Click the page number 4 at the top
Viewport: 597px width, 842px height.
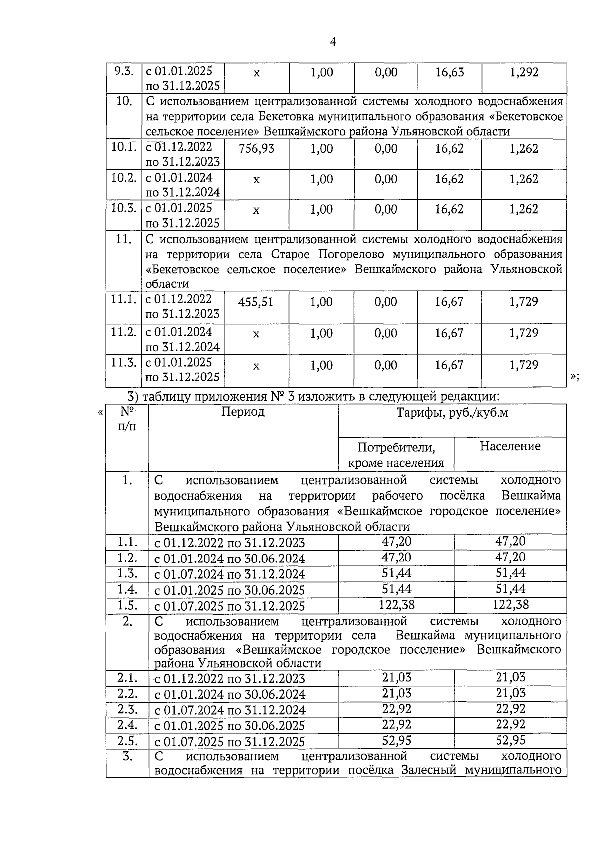tap(333, 42)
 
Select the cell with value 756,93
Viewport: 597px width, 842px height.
tap(256, 149)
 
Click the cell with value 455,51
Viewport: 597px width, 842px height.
tap(256, 302)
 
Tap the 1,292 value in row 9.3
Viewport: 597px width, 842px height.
tap(524, 73)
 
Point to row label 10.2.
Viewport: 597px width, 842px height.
tap(123, 178)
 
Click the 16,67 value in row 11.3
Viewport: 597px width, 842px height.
tap(449, 365)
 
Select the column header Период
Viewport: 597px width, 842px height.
tap(243, 412)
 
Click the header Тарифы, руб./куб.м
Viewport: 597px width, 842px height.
tap(452, 413)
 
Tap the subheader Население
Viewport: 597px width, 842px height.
tap(509, 446)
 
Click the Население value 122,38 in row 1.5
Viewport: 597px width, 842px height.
tap(510, 605)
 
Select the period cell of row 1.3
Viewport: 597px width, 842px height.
tap(230, 574)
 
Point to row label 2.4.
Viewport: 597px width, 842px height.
tap(127, 725)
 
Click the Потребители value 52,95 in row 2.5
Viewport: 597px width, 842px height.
tap(396, 740)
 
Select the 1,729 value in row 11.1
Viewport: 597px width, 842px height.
tap(523, 302)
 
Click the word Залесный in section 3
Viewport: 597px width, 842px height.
tap(433, 771)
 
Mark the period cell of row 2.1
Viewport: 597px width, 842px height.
tap(230, 679)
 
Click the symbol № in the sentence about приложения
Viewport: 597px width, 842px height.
tap(276, 397)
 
